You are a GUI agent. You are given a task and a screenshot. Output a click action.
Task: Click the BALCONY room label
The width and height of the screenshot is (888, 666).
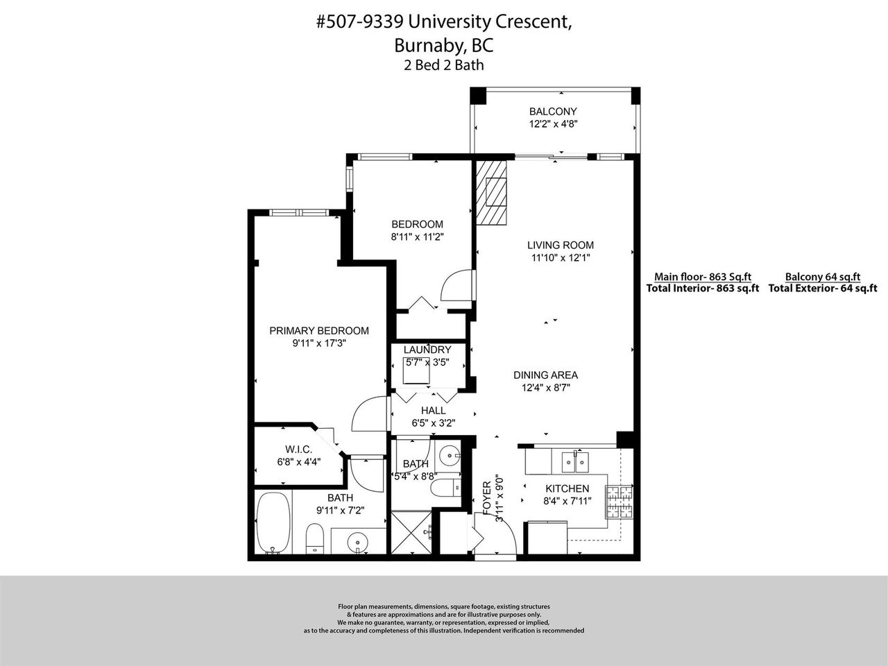tap(553, 111)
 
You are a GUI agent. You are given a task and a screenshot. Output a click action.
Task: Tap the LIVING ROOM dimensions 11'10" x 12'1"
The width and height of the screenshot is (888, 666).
tap(561, 257)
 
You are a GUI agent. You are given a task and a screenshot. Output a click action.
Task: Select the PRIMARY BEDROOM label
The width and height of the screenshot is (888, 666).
tap(319, 331)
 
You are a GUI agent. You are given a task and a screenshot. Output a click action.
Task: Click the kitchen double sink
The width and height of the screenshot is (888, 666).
tap(576, 462)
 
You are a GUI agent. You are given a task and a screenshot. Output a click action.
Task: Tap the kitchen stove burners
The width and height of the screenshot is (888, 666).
tap(619, 502)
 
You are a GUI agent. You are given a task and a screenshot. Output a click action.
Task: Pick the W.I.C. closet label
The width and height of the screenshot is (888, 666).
tap(298, 450)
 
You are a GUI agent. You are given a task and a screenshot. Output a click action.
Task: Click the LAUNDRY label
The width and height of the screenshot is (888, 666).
tap(427, 350)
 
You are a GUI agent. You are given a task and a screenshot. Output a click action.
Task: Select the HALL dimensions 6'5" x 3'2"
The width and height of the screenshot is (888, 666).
tap(434, 423)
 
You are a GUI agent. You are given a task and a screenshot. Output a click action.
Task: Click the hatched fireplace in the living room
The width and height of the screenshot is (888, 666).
tap(491, 192)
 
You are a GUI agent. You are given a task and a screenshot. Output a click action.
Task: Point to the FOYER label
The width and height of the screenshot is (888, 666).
tap(487, 498)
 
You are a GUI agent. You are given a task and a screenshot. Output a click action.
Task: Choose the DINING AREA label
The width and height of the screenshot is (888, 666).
tap(545, 375)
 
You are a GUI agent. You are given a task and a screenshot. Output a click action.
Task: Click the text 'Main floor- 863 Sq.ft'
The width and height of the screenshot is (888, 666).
tap(703, 277)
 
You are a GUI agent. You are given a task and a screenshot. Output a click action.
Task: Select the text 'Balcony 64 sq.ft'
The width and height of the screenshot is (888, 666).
tap(823, 277)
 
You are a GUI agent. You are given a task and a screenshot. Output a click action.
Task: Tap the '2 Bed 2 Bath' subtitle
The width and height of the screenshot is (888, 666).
tap(444, 65)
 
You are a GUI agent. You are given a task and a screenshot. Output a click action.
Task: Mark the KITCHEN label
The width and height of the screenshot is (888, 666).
tap(567, 488)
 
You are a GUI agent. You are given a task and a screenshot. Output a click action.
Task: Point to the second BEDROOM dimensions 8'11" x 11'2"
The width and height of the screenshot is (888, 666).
tap(417, 237)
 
